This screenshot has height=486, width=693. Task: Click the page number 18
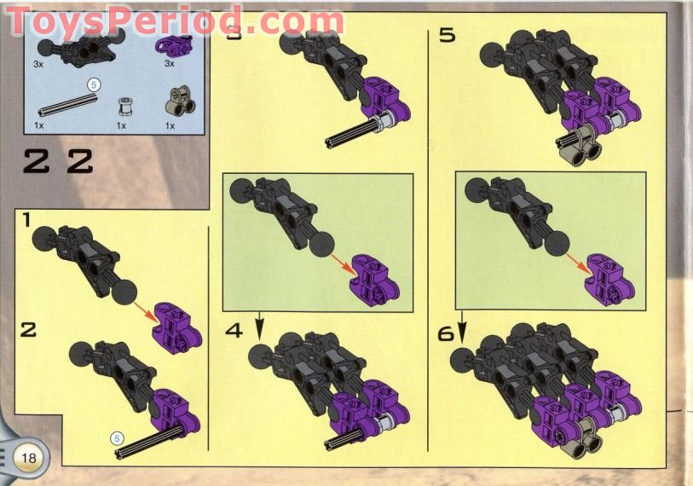pyautogui.click(x=29, y=458)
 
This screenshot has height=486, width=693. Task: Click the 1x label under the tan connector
pyautogui.click(x=170, y=125)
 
